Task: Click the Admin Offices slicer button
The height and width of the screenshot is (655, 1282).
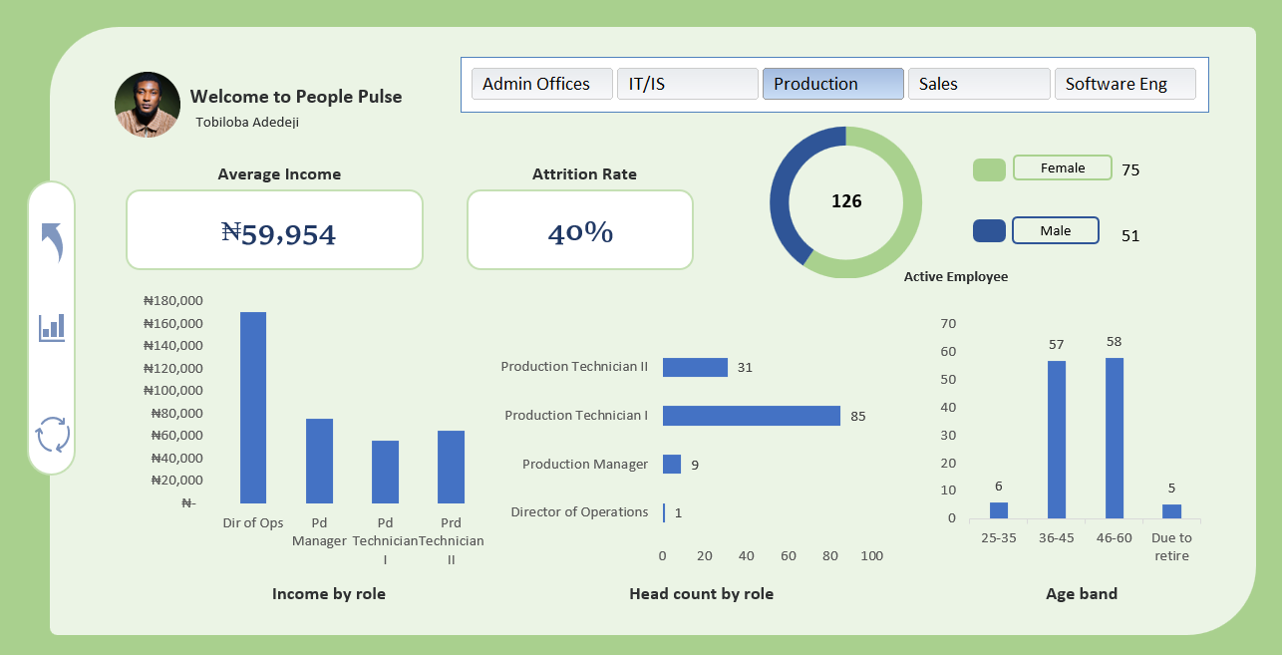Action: click(x=542, y=84)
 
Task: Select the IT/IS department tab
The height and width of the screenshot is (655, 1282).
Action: click(x=688, y=84)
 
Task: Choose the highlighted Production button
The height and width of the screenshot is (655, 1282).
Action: click(x=832, y=84)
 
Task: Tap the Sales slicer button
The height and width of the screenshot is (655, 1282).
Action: click(x=979, y=84)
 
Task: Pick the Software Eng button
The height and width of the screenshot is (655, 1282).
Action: click(x=1124, y=84)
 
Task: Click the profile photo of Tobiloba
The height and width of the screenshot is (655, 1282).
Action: click(x=148, y=105)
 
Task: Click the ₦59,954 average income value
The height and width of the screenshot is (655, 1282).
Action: click(x=278, y=233)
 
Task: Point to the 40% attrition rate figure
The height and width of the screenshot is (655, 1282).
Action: click(x=580, y=233)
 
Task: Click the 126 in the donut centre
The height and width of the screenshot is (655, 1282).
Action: click(x=846, y=201)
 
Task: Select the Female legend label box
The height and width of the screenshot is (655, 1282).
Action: click(x=1063, y=167)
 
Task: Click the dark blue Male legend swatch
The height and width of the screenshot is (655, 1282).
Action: click(x=989, y=230)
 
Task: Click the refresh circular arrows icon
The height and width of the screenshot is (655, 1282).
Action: click(x=53, y=434)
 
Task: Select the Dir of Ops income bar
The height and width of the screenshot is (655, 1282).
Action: click(x=253, y=408)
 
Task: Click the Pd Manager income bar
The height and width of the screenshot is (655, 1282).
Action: click(x=319, y=461)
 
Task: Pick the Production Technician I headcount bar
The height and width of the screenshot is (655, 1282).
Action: click(x=752, y=416)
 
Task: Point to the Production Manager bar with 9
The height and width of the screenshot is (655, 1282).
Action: click(x=672, y=464)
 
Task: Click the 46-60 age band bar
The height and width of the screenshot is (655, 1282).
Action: click(x=1114, y=438)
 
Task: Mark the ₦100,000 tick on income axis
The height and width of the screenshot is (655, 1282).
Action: click(x=172, y=391)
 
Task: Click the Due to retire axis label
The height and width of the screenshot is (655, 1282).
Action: click(x=1171, y=546)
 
